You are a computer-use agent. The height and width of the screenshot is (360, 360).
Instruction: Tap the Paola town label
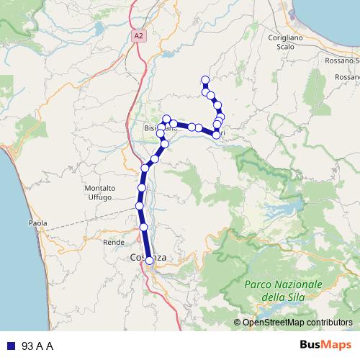(x=37, y=223)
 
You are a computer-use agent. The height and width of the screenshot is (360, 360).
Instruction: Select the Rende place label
(x=114, y=242)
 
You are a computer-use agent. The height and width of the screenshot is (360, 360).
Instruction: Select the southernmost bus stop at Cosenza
(x=150, y=261)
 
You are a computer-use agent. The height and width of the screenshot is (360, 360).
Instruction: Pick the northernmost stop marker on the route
(x=205, y=80)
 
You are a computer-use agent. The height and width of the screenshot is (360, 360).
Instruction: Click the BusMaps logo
(x=325, y=346)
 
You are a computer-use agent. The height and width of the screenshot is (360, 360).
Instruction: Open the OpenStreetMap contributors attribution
(x=297, y=323)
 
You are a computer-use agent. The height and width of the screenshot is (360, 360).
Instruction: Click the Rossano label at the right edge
(x=348, y=76)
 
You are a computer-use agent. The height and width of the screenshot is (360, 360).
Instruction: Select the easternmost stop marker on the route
(x=220, y=117)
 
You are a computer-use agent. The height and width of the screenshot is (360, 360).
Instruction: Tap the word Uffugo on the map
(x=99, y=197)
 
